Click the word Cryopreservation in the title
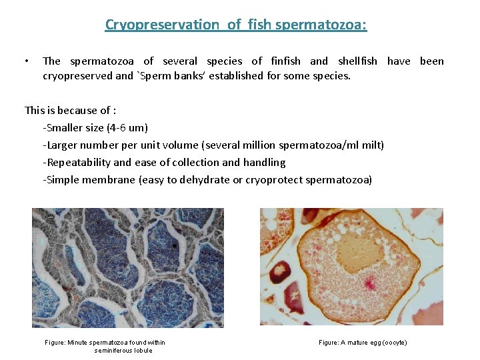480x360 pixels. tap(161, 25)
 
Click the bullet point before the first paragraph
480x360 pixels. tap(25, 61)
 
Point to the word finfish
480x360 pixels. tap(286, 61)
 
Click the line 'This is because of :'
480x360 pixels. tap(71, 111)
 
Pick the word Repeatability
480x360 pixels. tap(77, 163)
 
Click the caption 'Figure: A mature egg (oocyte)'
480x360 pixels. tap(363, 343)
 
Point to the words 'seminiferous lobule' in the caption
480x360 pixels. tap(123, 351)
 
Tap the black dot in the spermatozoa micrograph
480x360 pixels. tap(175, 245)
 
